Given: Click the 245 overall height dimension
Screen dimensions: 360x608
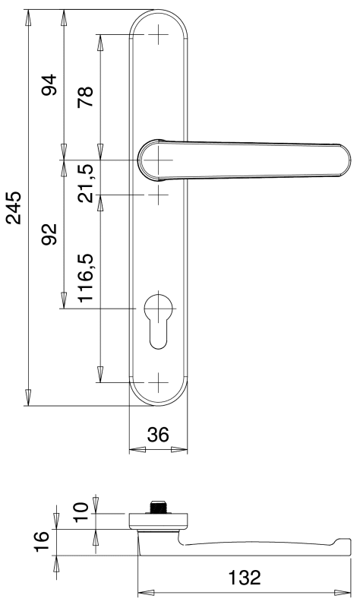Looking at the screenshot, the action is point(14,207).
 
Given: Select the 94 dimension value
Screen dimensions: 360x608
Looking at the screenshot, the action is point(49,85).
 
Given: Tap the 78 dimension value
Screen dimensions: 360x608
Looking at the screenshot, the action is point(85,97).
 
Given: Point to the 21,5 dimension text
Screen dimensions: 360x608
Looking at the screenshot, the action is point(85,183).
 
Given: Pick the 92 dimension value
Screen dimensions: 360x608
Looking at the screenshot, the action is point(49,234).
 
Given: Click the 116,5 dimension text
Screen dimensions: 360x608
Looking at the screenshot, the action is point(85,277).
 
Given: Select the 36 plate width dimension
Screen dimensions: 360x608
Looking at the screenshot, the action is point(158,435).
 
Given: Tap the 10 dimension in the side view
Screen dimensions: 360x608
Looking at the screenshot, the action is point(81,512).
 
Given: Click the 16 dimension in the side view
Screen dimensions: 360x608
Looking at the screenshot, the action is point(42,541).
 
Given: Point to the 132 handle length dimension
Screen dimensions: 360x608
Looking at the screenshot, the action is point(245,578).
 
